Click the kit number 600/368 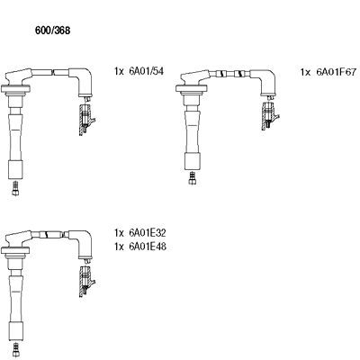pos(52,31)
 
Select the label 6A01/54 pos(147,71)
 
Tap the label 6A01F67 pos(337,72)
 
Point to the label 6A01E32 pos(148,233)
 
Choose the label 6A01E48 pos(148,247)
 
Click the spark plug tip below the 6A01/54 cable pos(15,189)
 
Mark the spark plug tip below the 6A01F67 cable pos(193,177)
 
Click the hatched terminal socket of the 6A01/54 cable pos(85,120)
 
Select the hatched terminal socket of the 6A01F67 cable pos(268,116)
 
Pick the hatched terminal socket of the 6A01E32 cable pos(85,282)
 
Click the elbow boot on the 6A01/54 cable pos(81,80)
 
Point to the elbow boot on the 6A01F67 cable pos(264,81)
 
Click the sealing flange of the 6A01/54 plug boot pos(15,88)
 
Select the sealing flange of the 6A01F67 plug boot pos(191,88)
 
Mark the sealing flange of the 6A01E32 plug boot pos(15,250)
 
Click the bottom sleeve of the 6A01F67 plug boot pos(192,161)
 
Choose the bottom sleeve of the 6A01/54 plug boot pos(15,170)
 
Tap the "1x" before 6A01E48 pos(119,247)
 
